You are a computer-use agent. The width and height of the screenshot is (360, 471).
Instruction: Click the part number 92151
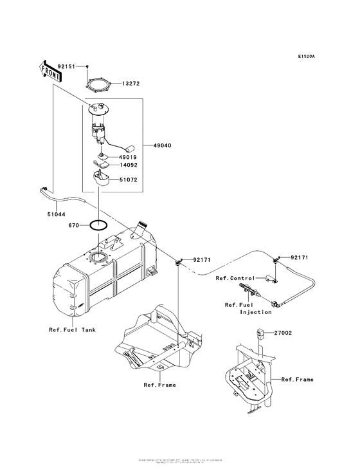[x=67, y=66]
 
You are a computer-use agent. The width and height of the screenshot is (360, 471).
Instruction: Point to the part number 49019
[x=130, y=156]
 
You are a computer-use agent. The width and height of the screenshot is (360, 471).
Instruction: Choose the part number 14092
[x=130, y=165]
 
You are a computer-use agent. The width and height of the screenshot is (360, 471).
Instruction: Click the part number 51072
[x=130, y=181]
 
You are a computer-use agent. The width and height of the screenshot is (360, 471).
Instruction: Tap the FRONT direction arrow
[x=51, y=71]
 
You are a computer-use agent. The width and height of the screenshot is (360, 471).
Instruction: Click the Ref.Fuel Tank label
[x=72, y=330]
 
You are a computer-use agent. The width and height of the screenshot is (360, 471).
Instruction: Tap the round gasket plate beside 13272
[x=98, y=84]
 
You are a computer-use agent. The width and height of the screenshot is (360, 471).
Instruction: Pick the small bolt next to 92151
[x=87, y=67]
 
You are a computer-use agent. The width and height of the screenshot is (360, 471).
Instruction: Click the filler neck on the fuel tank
[x=141, y=230]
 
